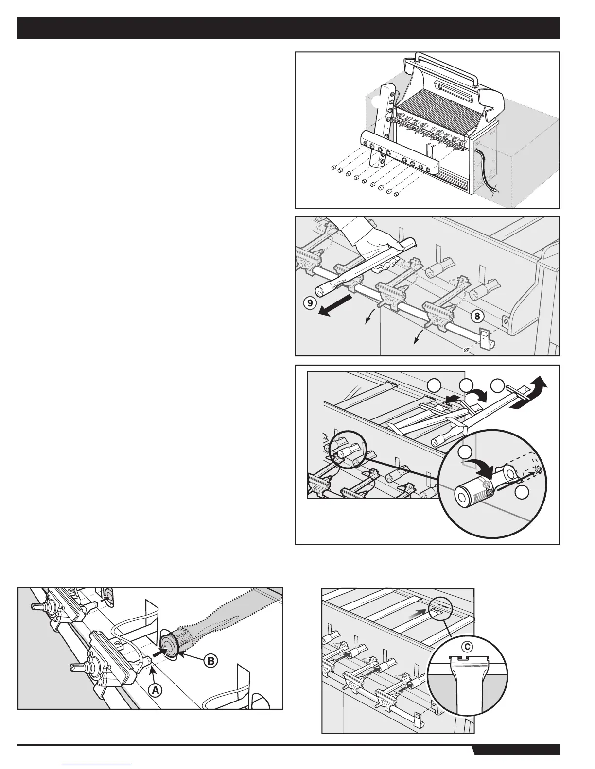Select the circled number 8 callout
pos(478,316)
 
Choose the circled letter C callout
pos(467,646)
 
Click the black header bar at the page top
pos(289,28)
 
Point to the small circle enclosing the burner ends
pos(347,450)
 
